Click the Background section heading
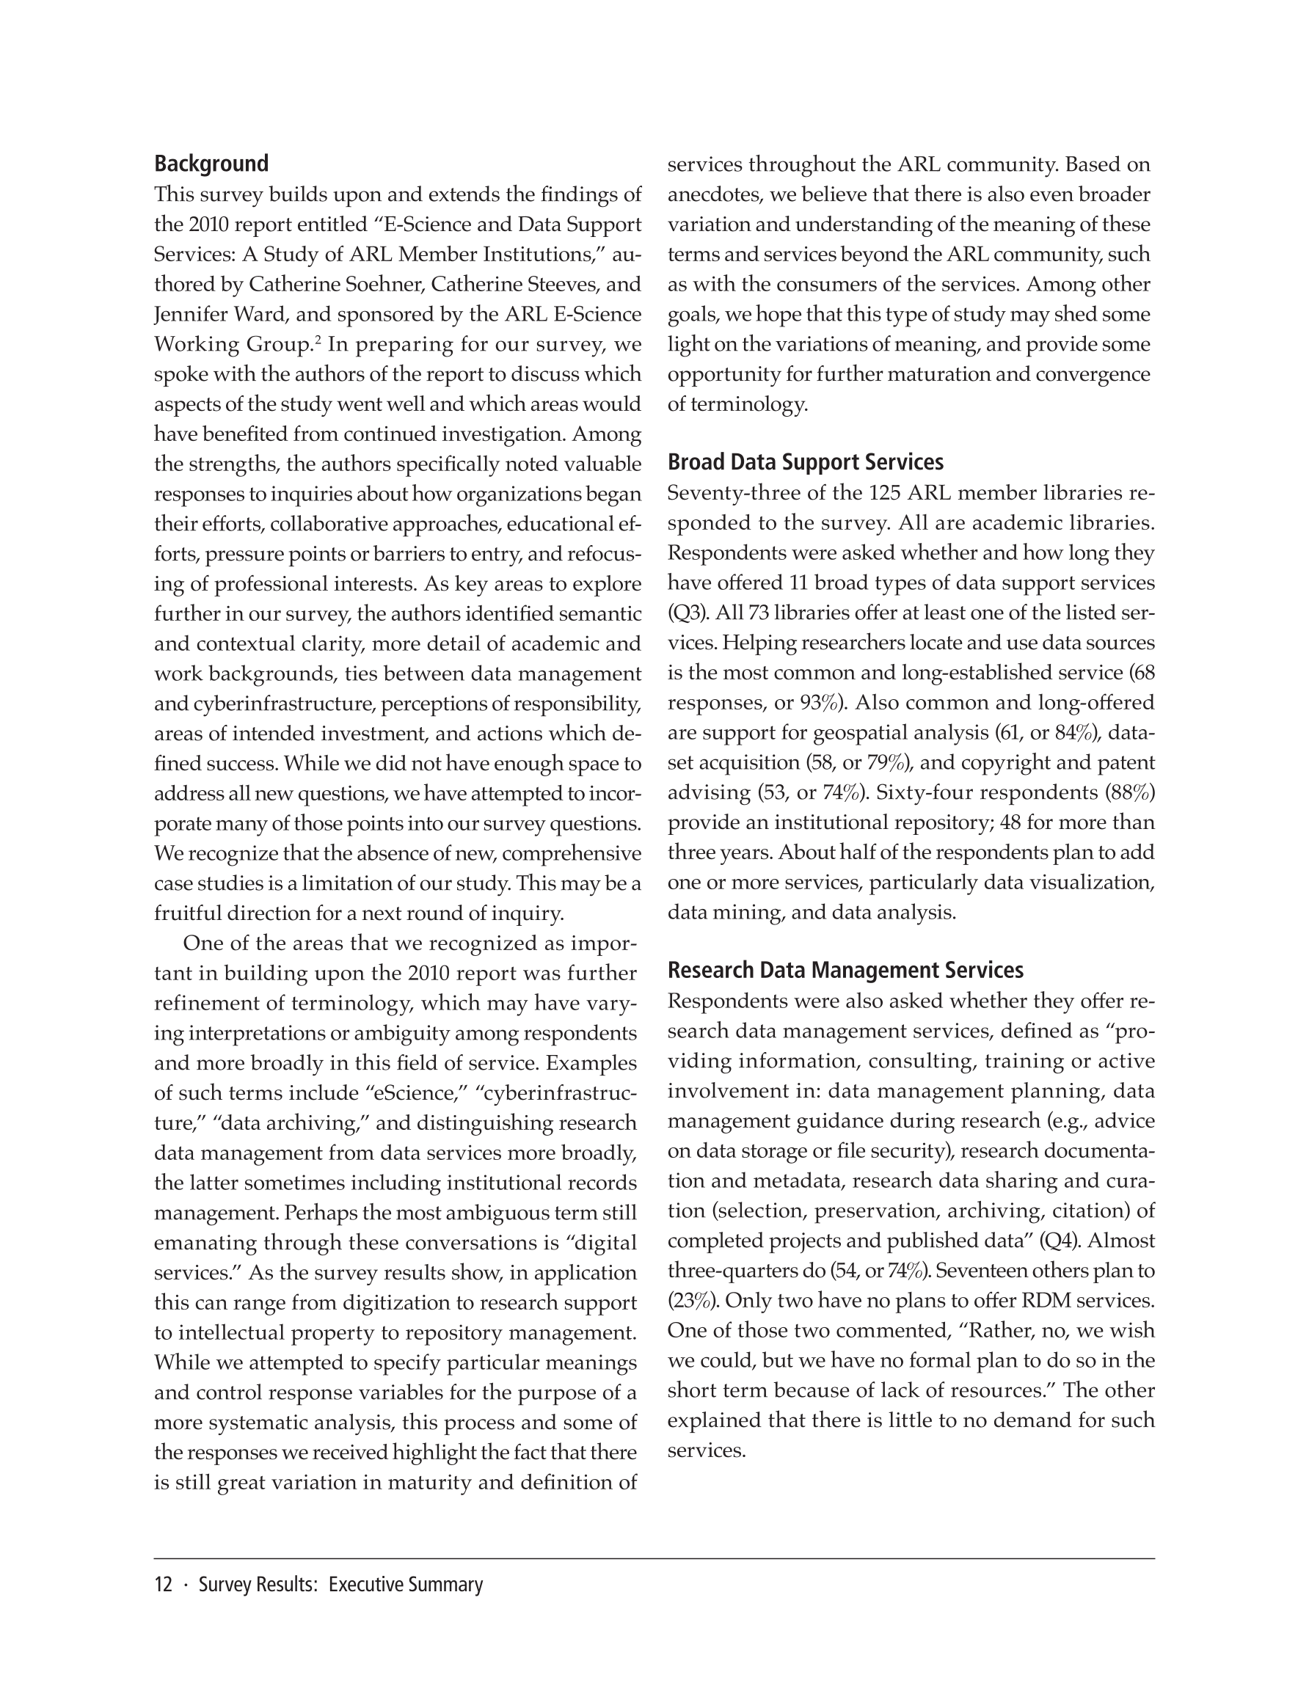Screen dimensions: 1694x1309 coord(211,164)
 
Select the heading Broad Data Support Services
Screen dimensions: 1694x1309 coord(806,462)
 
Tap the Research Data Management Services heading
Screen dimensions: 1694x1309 coord(845,971)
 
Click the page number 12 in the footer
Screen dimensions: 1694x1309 coord(163,1585)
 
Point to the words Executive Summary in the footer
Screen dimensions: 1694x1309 coord(405,1585)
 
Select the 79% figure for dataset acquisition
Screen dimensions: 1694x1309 coord(887,763)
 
